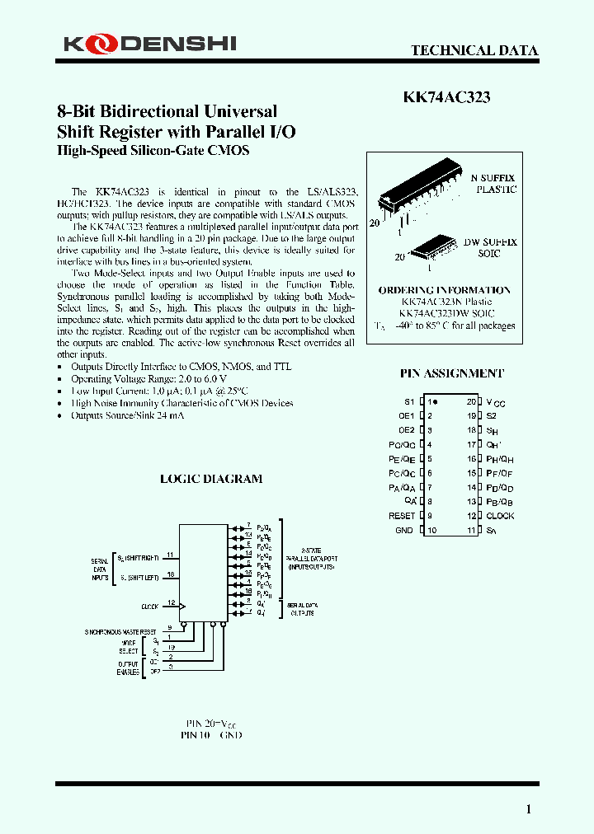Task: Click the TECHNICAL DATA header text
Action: point(474,50)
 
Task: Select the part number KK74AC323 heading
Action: point(446,97)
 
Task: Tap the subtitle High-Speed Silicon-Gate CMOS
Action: point(153,151)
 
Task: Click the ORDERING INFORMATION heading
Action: point(444,290)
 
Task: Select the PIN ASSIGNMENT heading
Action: point(451,372)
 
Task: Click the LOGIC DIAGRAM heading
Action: point(211,478)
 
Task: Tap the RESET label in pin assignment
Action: point(402,516)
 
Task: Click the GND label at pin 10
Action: point(404,530)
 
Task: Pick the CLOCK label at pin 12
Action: point(500,516)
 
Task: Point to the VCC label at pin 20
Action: point(495,402)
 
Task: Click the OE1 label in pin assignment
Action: point(406,416)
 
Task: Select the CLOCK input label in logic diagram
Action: point(149,607)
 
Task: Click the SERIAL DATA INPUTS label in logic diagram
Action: point(99,569)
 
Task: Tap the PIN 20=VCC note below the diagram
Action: point(211,722)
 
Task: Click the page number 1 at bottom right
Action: point(529,808)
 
